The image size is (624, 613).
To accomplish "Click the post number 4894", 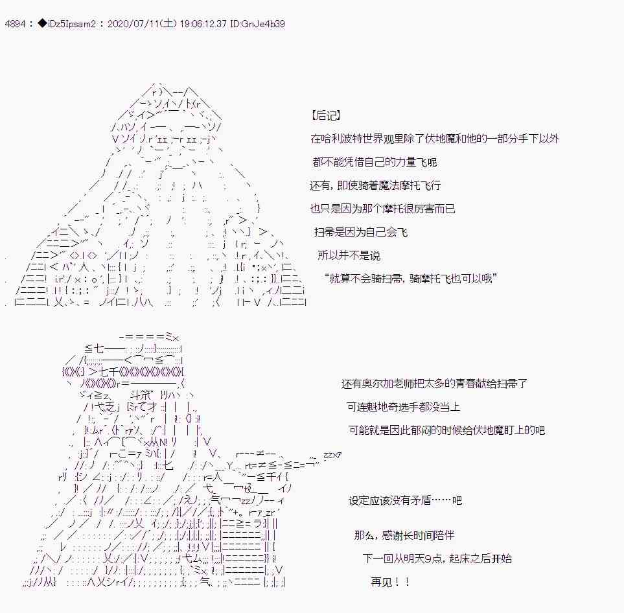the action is point(14,24).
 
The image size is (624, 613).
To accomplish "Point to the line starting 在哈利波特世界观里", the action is point(435,139).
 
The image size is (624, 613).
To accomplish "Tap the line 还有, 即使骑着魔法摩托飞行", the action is point(375,185).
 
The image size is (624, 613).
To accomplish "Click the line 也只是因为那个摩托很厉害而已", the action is point(383,209).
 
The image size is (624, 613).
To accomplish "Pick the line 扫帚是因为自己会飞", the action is point(362,232).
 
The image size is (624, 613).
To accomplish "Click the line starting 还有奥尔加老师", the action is point(434,384).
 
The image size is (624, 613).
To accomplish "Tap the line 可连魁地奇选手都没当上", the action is point(404,407).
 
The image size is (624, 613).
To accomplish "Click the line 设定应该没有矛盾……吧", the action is point(405,500).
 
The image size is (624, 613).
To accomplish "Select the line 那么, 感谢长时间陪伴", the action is point(404,535).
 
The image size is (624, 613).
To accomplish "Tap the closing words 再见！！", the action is point(390,582).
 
